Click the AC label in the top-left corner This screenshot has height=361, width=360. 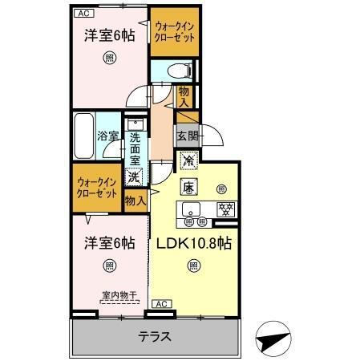(83, 14)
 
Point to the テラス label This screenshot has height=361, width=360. (155, 336)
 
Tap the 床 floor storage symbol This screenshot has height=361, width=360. (188, 189)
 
